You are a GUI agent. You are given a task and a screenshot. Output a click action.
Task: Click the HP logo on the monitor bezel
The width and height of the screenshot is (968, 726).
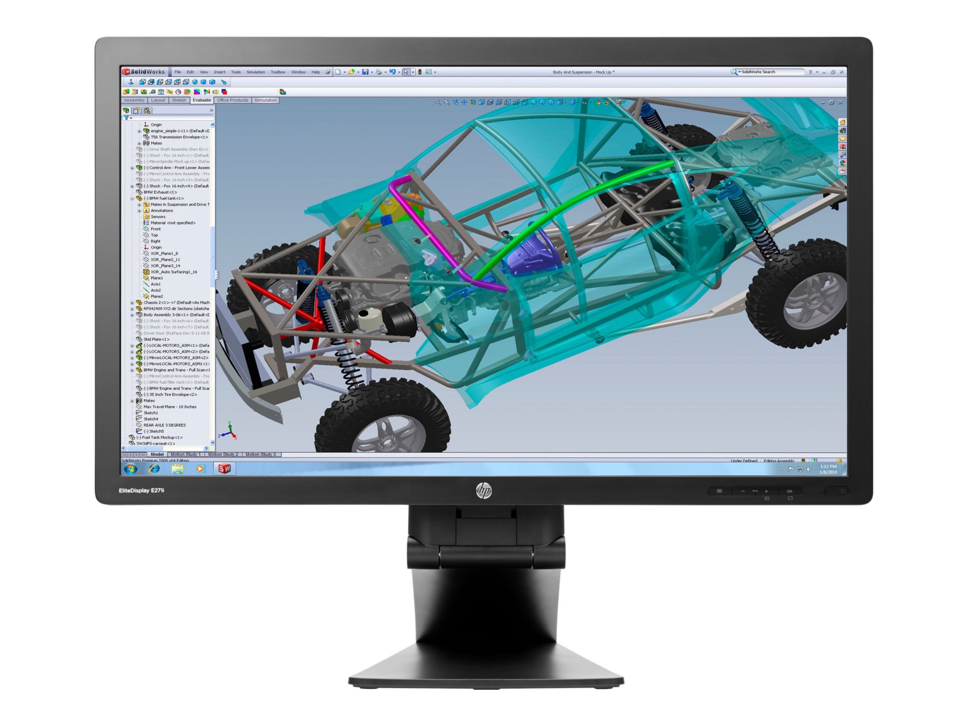point(483,491)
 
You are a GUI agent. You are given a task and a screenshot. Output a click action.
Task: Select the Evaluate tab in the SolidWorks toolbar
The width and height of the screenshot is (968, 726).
point(202,100)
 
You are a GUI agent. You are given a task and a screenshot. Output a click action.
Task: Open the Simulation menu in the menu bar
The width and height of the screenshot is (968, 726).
point(256,72)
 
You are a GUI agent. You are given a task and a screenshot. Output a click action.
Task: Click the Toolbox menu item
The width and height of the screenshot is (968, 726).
point(278,72)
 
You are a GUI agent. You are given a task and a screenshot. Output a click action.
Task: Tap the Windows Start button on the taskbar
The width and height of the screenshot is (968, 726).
point(131,469)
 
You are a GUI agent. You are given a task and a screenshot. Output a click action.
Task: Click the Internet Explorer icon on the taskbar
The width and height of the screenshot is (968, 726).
point(154,469)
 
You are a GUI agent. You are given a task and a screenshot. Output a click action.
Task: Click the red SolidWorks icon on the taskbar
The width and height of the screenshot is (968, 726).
point(224,469)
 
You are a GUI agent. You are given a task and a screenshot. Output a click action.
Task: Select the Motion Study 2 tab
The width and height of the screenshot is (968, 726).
point(223,454)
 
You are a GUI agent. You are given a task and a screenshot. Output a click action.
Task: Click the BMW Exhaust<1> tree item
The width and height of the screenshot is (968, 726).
point(160,192)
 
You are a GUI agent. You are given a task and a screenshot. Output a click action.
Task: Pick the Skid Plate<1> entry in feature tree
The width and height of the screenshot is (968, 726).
point(156,339)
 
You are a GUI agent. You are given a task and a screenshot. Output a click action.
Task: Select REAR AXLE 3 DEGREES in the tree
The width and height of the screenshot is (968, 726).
point(164,425)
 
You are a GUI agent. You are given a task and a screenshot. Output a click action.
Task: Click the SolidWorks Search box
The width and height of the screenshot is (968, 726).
point(771,72)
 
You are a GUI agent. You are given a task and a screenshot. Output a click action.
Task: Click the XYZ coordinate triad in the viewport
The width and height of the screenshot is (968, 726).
point(228,431)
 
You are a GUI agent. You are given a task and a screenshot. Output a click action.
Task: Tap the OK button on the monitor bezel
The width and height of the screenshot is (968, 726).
point(790,491)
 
